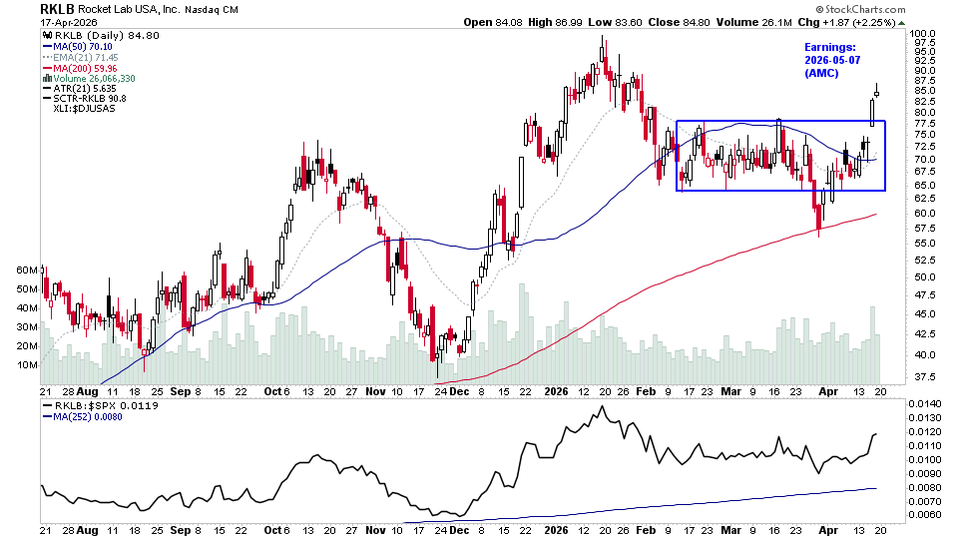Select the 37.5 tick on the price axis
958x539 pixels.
(x=924, y=376)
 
